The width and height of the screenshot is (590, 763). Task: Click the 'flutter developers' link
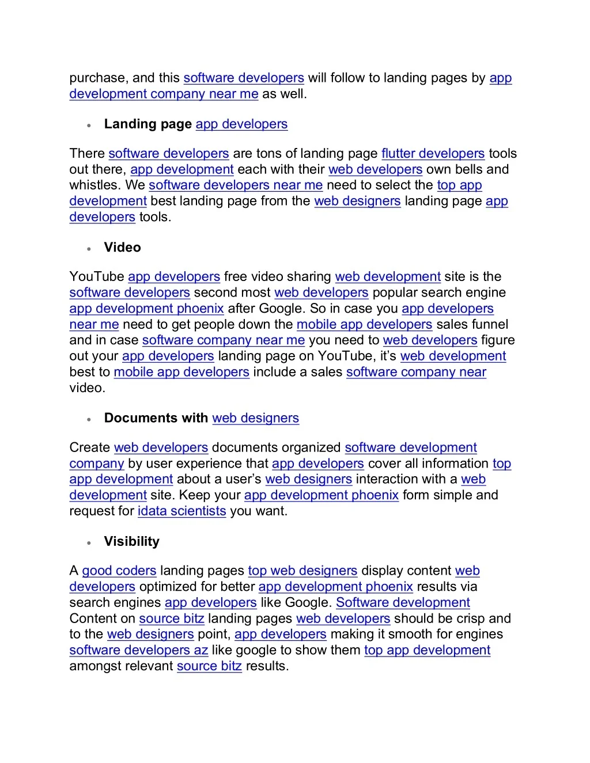point(433,154)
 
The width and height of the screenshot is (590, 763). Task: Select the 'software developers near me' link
point(235,185)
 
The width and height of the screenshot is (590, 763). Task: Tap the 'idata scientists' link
point(181,511)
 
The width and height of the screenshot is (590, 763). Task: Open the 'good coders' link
point(119,571)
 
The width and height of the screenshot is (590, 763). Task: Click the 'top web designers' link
point(302,571)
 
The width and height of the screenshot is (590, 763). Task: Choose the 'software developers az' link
point(138,650)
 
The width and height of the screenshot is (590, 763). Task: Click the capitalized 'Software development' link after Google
point(403,603)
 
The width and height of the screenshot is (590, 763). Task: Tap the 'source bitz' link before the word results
point(209,666)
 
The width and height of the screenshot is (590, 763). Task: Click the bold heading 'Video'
point(122,248)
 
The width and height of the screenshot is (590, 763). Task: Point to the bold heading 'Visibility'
point(131,542)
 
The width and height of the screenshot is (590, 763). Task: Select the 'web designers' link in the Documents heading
point(255,419)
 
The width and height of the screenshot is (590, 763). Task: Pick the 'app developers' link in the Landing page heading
point(241,124)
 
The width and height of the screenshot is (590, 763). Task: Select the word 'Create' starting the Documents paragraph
point(89,448)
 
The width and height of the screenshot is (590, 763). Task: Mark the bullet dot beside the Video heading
point(89,249)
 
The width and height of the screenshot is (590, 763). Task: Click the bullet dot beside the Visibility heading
point(89,543)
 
